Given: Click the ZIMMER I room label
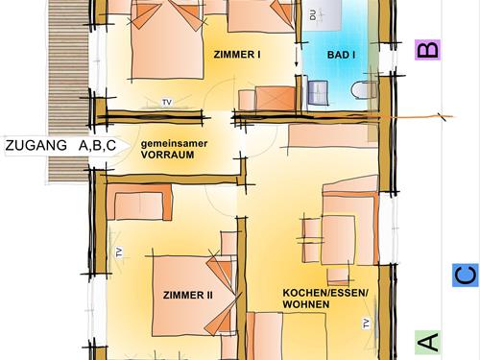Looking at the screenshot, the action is point(237,55).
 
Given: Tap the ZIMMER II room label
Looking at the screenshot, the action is point(188,295).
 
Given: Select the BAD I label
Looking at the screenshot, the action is point(341,55).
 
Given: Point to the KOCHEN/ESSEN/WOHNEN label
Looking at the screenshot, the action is point(325,299).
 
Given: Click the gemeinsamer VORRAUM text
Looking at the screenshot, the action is point(174,149).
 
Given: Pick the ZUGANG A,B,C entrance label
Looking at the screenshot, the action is point(60,145).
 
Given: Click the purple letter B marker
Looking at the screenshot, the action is point(427,50).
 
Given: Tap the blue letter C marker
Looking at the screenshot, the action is point(466,275).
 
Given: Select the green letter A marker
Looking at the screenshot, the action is point(427,342).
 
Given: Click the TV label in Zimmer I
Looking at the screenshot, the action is point(167,102).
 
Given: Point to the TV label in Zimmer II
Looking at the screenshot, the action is point(119,252).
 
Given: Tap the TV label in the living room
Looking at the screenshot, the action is point(367,324).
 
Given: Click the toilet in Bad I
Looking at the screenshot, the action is point(364,90).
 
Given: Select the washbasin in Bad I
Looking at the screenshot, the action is point(318,92).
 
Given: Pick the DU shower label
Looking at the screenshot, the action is point(313,14).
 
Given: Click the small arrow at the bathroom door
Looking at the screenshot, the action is point(297,57).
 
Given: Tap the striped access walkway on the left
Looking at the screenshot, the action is point(68,92).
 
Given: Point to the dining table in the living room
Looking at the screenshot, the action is point(338,240).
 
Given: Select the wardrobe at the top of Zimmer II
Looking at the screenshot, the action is point(139,202).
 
